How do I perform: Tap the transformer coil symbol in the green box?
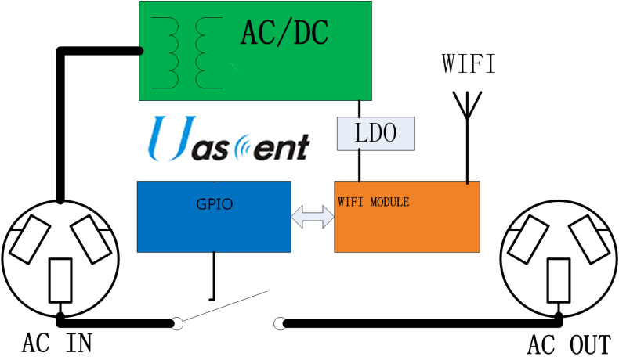point(192,51)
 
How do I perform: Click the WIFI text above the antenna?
point(469,63)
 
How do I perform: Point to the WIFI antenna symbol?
point(468,106)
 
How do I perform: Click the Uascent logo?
point(229,140)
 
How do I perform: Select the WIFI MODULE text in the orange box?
point(374,202)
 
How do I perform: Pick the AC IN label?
point(58,344)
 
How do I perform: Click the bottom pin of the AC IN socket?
point(60,283)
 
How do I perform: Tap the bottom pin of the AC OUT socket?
point(559,283)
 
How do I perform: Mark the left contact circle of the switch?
point(178,322)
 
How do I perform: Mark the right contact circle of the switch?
point(280,322)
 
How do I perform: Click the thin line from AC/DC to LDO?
point(360,109)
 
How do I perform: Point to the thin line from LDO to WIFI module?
point(360,166)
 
